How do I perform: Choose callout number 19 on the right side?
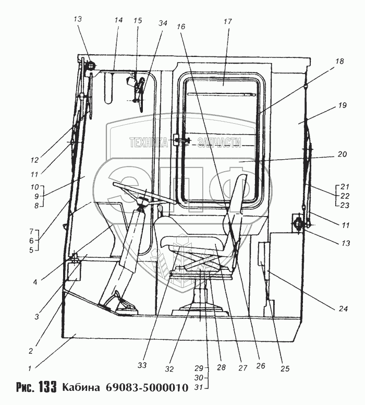coord(342,105)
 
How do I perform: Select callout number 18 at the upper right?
coord(339,62)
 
